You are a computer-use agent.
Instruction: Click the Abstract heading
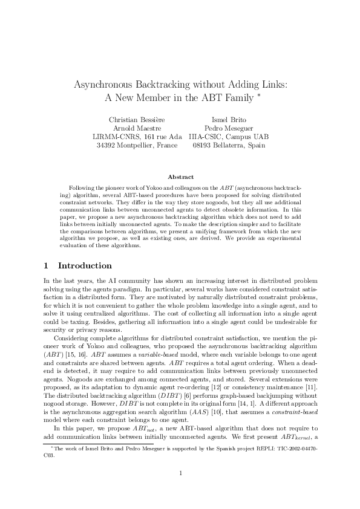click(x=180, y=177)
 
